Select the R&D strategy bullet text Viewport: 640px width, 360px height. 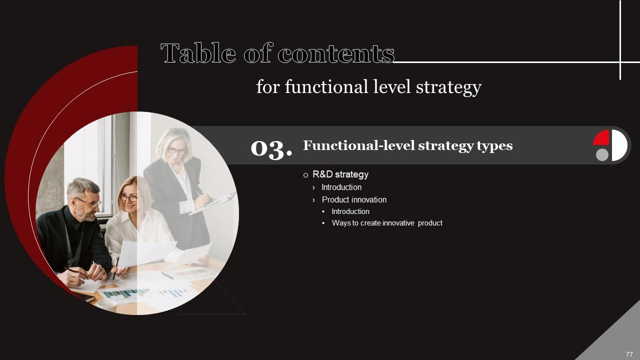click(340, 174)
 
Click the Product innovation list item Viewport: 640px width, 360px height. click(354, 199)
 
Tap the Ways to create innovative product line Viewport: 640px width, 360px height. click(386, 223)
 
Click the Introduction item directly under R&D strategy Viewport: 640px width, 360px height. click(341, 187)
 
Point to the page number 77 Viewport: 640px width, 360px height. click(629, 354)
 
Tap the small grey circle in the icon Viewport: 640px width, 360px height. click(602, 154)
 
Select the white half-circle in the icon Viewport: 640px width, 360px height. click(619, 145)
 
